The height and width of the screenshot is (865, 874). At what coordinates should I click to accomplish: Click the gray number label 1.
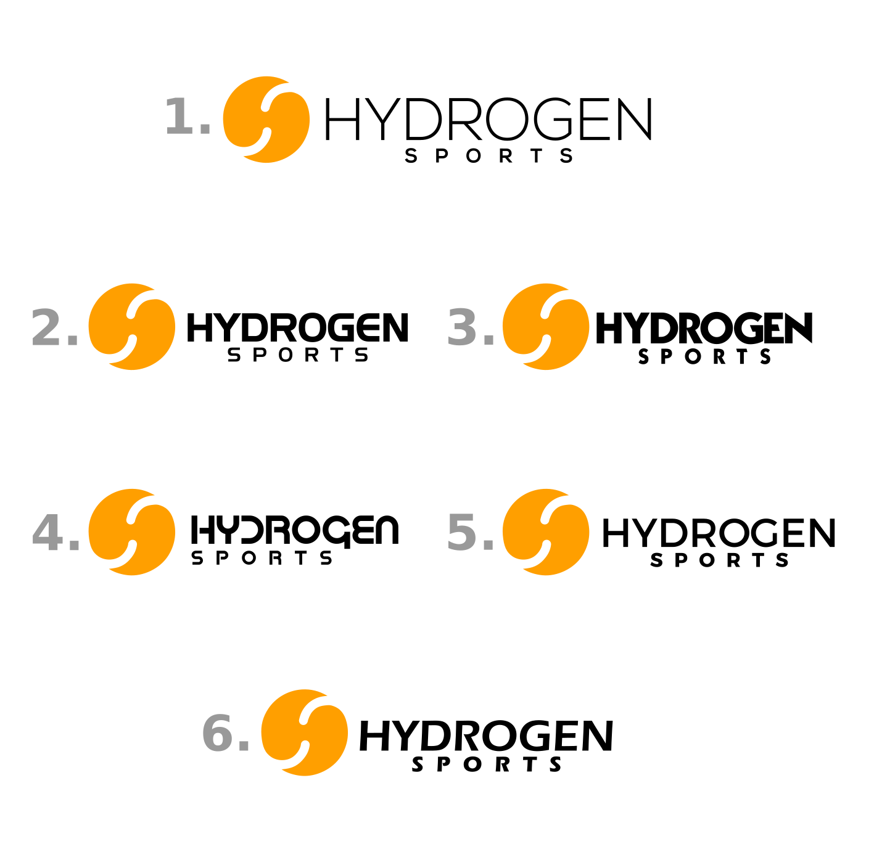pos(188,117)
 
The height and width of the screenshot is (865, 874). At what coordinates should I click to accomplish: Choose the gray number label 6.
pos(225,734)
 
